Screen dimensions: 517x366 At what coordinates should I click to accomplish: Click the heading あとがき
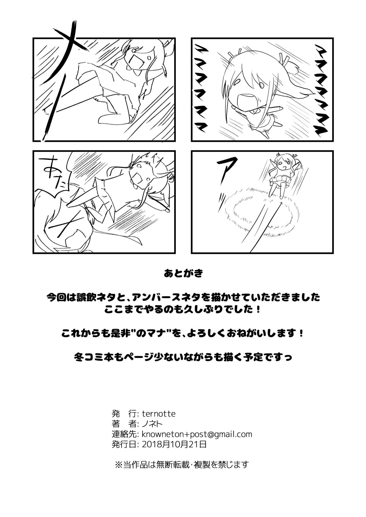coord(183,274)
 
